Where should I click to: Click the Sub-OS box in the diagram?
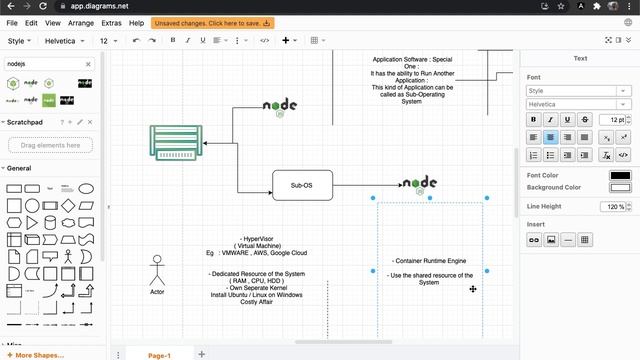tap(301, 185)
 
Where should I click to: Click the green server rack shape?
tap(176, 142)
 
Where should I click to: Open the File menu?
tap(13, 22)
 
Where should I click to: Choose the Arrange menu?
tap(81, 22)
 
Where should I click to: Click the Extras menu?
tap(110, 22)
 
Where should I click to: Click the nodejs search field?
tap(45, 63)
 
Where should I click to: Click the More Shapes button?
tap(39, 355)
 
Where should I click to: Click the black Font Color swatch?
tap(620, 176)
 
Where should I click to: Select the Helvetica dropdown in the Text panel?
tap(579, 104)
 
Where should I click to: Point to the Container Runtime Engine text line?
tap(429, 260)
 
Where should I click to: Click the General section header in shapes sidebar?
tap(20, 168)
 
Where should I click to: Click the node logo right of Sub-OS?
tap(419, 183)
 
